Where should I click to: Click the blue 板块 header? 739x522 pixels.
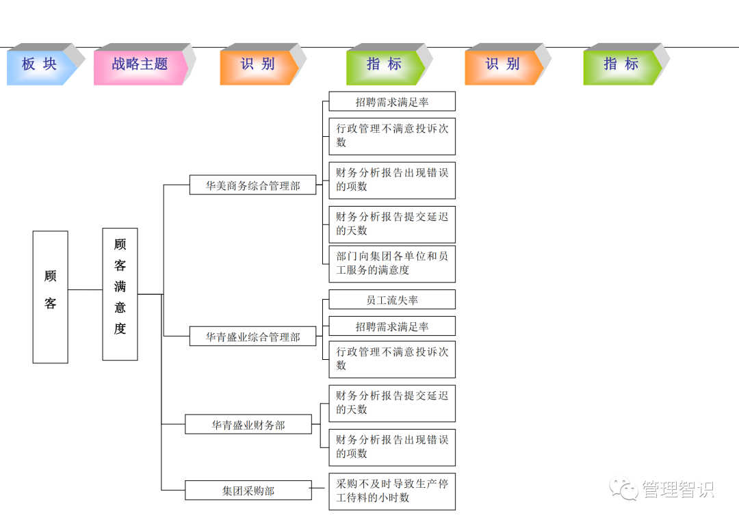click(x=40, y=65)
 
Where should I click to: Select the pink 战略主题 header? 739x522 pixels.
click(x=140, y=65)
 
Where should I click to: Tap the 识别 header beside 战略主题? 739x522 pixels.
click(x=258, y=65)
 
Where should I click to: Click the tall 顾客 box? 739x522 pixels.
click(x=51, y=296)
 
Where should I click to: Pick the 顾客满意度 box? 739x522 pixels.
click(x=120, y=293)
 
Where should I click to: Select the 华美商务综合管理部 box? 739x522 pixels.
click(x=253, y=185)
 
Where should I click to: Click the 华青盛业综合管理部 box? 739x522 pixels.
click(x=253, y=337)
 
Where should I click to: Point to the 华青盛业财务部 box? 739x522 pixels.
click(x=248, y=424)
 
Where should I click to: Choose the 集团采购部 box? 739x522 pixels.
click(x=248, y=491)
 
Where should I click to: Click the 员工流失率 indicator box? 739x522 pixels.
click(x=391, y=300)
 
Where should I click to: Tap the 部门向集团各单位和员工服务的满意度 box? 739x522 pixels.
click(x=391, y=263)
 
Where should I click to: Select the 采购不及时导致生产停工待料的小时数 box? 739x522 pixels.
click(x=391, y=491)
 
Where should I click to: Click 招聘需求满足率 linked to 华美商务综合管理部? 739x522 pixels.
click(x=391, y=102)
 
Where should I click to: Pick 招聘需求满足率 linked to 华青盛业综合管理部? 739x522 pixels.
click(x=391, y=326)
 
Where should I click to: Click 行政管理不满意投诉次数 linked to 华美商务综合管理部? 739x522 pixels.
click(x=391, y=135)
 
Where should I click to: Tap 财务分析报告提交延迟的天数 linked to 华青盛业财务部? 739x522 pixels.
click(x=391, y=403)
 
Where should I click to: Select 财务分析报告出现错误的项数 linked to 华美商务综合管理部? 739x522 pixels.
click(x=391, y=180)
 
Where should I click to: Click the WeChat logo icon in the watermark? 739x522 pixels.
click(x=625, y=488)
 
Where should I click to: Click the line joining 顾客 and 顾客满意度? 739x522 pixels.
click(x=85, y=290)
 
